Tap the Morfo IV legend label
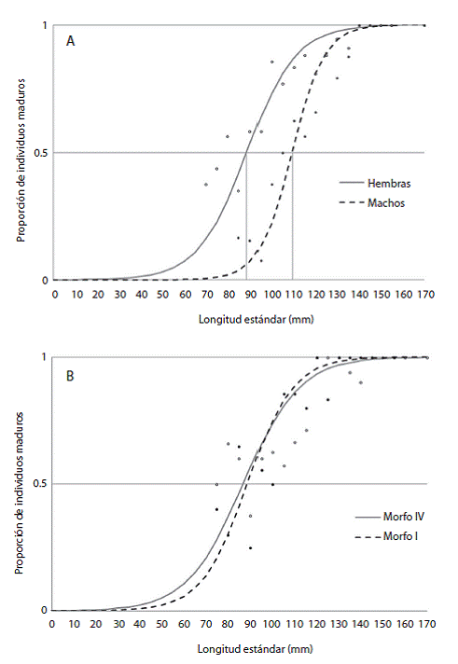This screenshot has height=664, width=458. click(x=404, y=517)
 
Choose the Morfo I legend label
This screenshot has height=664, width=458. click(x=400, y=536)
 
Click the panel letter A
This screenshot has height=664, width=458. click(x=70, y=41)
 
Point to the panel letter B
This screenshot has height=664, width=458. click(x=70, y=376)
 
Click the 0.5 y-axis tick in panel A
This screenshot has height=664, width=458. click(x=41, y=153)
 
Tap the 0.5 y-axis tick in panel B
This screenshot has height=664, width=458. click(x=41, y=484)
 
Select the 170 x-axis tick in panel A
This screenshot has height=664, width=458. click(x=426, y=295)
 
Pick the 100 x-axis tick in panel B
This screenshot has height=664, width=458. click(x=271, y=624)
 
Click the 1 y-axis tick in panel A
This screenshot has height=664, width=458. click(x=45, y=25)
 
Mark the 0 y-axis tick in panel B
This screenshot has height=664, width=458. click(x=44, y=610)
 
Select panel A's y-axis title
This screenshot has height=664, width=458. click(x=21, y=160)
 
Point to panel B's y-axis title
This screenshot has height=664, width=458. click(x=19, y=492)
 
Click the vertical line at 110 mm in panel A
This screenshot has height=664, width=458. click(x=292, y=216)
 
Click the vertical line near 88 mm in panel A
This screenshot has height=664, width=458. click(x=246, y=216)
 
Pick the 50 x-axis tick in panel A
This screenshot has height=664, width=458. click(x=163, y=295)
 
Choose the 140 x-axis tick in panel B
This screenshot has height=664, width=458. click(x=361, y=624)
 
